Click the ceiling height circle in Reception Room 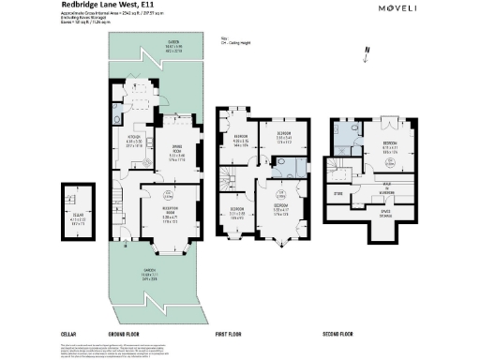[167, 196]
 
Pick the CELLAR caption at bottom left [67, 334]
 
